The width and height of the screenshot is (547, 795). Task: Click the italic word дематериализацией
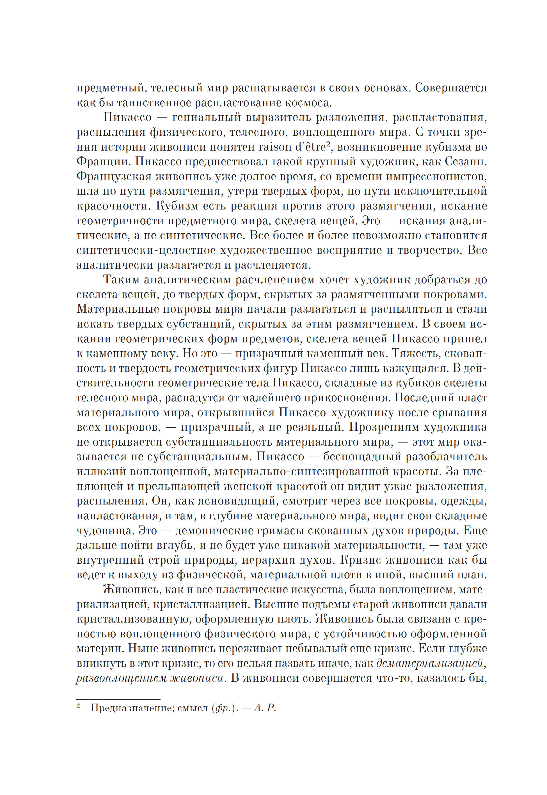coord(431,664)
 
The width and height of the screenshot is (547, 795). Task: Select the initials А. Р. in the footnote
coord(265,708)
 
